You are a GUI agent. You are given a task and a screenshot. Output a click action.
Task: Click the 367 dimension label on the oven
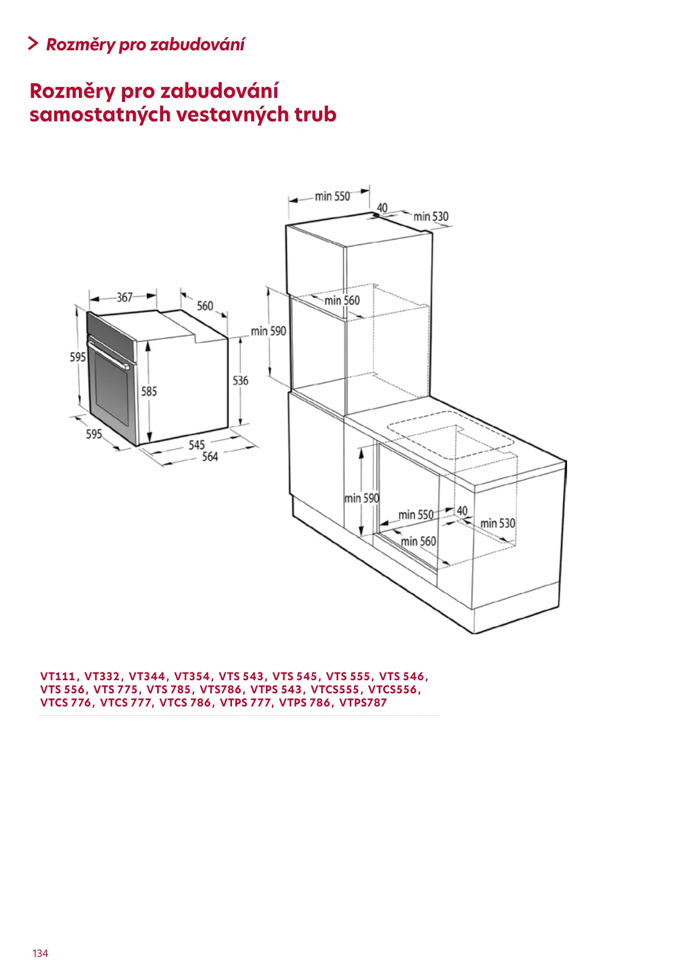(125, 297)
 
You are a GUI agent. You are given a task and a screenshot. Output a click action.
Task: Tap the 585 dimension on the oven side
(149, 391)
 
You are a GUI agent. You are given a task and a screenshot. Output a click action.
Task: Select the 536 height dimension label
(240, 381)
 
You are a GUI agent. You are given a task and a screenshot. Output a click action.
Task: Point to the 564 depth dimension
(210, 457)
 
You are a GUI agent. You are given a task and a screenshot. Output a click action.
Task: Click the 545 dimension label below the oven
(196, 445)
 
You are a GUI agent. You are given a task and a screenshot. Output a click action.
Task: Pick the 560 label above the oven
(205, 306)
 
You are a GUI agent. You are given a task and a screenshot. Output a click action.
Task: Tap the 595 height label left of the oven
(78, 357)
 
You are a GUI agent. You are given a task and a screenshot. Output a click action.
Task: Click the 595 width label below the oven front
(94, 434)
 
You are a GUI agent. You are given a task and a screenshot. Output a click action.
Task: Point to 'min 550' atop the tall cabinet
(332, 196)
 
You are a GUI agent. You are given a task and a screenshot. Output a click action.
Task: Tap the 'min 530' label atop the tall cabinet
(431, 217)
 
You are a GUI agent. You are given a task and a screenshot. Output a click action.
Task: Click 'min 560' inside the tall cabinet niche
(342, 300)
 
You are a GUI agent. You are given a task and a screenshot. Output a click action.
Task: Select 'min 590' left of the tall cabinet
(268, 331)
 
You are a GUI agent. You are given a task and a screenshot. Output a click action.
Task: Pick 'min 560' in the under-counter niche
(418, 541)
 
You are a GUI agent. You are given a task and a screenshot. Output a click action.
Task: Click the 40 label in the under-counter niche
(462, 511)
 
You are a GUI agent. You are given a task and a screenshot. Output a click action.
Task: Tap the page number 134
(41, 954)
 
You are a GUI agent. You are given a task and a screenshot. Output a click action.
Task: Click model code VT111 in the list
(58, 676)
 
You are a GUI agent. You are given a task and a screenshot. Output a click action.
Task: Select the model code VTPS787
(363, 703)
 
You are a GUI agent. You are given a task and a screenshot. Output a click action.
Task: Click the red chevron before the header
(33, 44)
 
